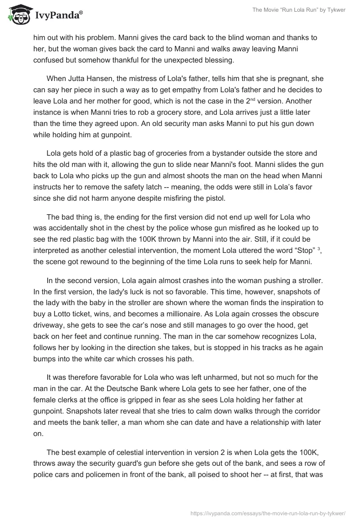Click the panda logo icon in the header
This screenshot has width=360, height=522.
click(18, 15)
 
